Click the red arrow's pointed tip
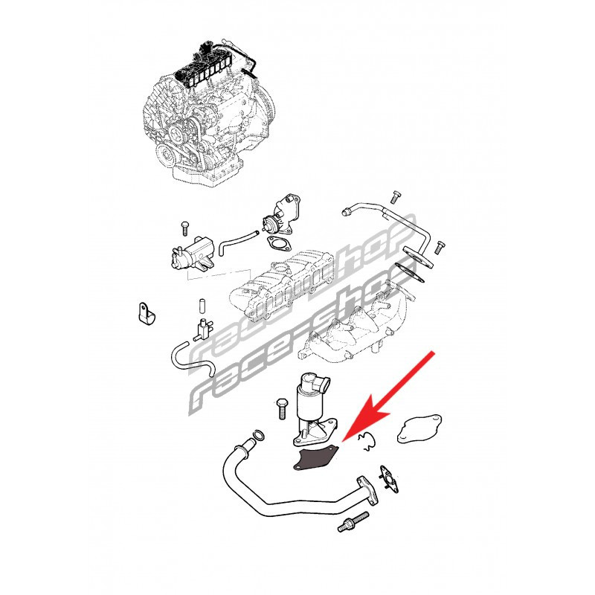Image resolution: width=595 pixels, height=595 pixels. click(343, 441)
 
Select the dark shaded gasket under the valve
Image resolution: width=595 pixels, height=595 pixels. click(315, 460)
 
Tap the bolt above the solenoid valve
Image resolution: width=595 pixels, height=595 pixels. click(184, 228)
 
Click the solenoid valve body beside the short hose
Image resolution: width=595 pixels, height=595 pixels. click(192, 254)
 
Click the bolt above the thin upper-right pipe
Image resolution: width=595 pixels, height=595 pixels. click(396, 197)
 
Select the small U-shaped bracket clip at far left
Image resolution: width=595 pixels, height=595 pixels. click(147, 314)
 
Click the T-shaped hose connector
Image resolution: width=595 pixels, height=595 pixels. click(202, 329)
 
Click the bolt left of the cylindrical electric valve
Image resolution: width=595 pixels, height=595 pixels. click(282, 408)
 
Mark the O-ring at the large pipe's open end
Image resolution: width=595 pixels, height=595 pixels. click(258, 436)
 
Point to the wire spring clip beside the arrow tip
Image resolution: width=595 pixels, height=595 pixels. click(367, 442)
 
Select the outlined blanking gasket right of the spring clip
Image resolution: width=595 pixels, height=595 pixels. click(419, 429)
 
